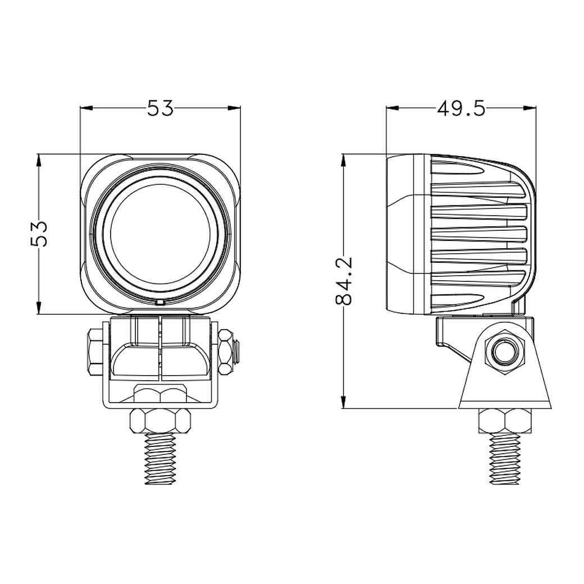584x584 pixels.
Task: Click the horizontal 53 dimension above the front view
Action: (161, 107)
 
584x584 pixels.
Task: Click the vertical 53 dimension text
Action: (39, 233)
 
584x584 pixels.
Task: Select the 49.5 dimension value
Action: (460, 107)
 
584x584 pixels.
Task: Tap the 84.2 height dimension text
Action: (344, 281)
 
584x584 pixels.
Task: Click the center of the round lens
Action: (160, 234)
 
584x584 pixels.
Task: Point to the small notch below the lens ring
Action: (160, 303)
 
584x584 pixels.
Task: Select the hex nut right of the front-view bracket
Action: (226, 353)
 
